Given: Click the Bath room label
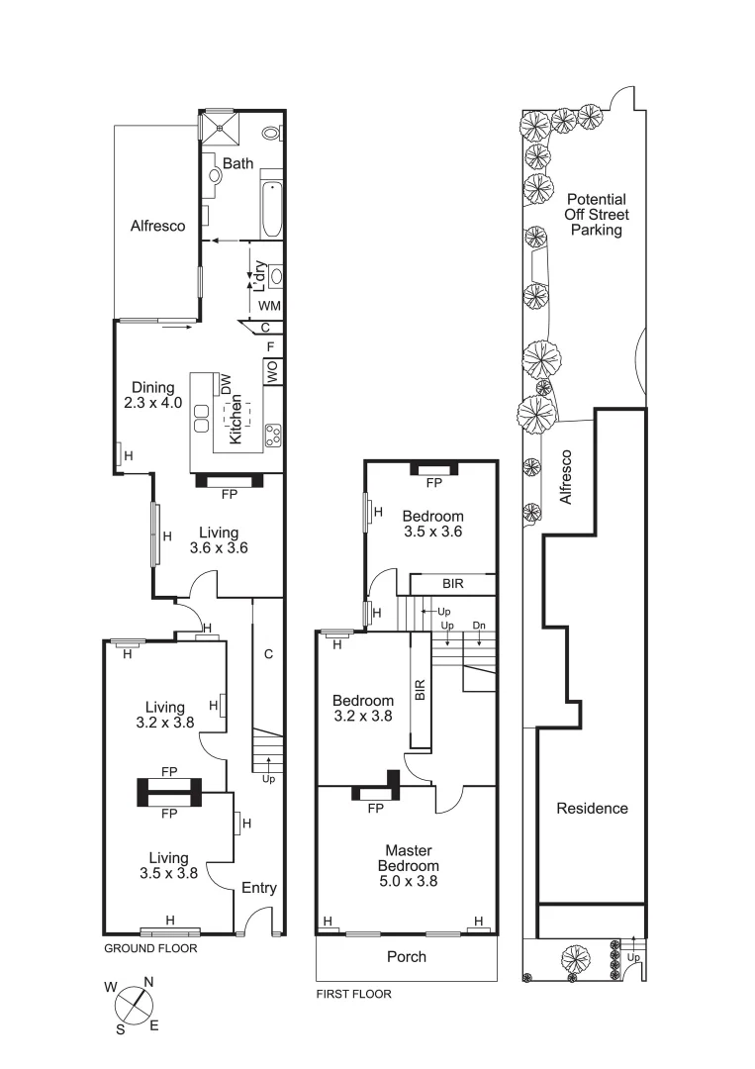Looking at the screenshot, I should click(237, 163).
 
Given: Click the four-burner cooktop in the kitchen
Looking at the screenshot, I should click(273, 432).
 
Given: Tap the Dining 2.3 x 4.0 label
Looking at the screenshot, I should click(149, 395).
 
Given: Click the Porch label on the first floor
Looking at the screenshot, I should click(407, 956).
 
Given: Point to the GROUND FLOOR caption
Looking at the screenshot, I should click(150, 948).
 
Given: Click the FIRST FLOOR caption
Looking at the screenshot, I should click(353, 994).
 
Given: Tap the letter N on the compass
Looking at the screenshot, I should click(148, 983).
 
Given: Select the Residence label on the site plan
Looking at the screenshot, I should click(592, 808).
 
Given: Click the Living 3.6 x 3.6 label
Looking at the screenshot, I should click(218, 539).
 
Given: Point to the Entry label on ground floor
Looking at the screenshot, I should click(259, 888).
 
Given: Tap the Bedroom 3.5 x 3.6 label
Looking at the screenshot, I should click(432, 524).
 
